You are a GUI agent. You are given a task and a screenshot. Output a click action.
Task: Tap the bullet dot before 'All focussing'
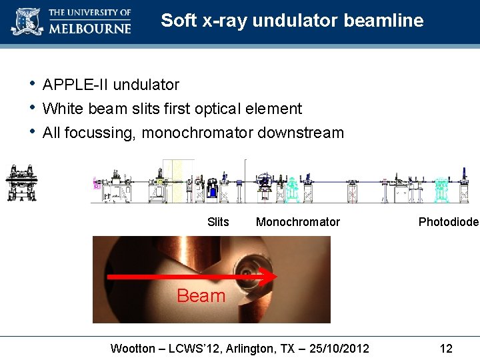point(31,131)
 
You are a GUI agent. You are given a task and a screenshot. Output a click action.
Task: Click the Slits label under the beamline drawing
point(218,222)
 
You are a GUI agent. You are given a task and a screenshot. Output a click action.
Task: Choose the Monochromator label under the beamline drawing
point(297,222)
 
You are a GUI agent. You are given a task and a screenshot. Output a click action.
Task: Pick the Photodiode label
point(448,222)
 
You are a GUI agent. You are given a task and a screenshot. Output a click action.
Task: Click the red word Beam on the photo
point(201,295)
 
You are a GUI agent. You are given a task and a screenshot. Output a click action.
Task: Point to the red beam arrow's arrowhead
point(269,275)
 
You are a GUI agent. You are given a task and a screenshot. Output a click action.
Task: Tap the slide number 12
point(446,348)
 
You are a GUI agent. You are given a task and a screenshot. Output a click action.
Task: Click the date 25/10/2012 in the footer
point(338,348)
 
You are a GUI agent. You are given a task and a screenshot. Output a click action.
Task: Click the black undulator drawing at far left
point(21,182)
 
